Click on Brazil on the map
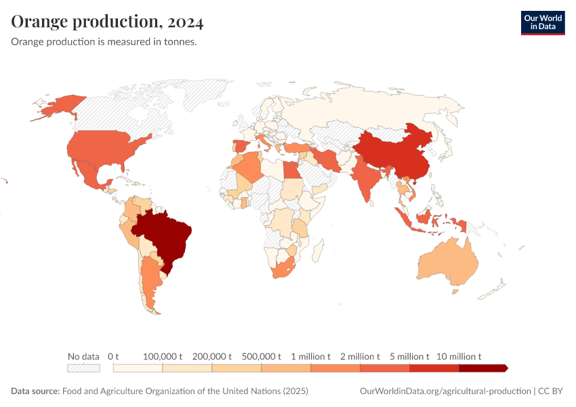point(166,234)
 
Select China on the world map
point(390,153)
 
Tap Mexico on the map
point(88,174)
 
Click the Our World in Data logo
point(542,22)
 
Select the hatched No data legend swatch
point(83,368)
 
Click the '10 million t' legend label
point(459,356)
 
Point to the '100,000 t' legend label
point(163,356)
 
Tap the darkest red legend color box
point(482,368)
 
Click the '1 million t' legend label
point(310,356)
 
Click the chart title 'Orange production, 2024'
point(107,22)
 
